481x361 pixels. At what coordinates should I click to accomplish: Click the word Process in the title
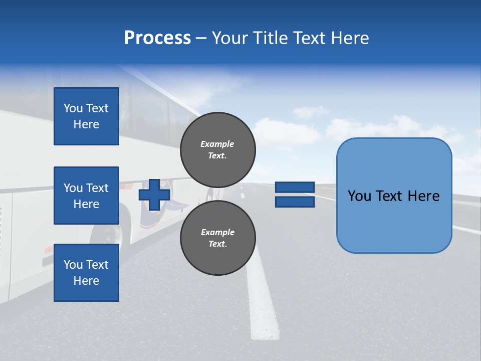(157, 38)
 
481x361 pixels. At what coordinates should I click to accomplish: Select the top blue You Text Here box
(86, 116)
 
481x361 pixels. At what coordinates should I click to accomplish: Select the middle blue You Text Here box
(86, 196)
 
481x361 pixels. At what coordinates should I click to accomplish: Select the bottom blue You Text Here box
(86, 272)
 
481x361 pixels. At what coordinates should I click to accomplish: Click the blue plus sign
(154, 195)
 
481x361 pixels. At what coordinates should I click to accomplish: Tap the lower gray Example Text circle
(217, 238)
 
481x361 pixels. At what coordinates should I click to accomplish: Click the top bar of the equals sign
(295, 188)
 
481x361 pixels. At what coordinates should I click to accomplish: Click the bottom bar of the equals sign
(295, 202)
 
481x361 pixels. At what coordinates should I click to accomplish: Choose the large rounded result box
(394, 196)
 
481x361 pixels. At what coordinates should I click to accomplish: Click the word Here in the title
(350, 38)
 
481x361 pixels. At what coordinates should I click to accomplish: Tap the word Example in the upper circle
(217, 144)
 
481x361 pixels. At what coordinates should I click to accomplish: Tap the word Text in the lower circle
(217, 244)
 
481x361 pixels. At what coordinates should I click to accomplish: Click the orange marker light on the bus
(49, 249)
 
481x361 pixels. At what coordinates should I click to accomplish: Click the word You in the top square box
(73, 108)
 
